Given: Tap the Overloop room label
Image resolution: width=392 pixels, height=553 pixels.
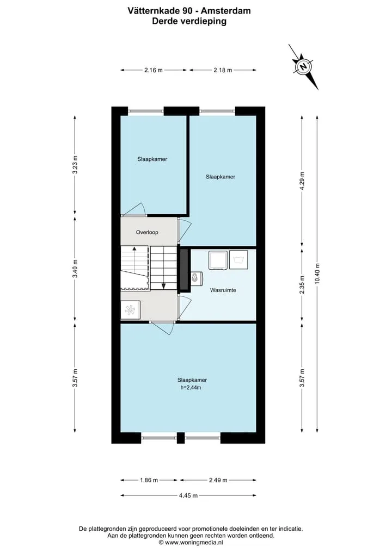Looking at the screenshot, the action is [x=147, y=232].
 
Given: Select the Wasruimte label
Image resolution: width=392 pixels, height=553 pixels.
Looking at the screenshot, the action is [x=223, y=290].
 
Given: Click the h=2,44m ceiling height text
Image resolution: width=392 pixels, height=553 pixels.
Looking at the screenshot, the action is [x=191, y=388].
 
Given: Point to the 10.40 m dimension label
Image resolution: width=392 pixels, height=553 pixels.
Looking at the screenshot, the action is [x=317, y=274].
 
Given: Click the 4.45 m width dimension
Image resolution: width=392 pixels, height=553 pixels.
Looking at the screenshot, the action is [x=188, y=495].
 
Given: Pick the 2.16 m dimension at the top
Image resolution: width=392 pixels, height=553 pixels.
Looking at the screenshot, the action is [x=154, y=70].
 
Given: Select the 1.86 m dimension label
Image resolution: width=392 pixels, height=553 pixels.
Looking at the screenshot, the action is [x=149, y=480].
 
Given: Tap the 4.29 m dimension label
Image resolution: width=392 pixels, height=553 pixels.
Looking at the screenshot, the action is [x=302, y=181].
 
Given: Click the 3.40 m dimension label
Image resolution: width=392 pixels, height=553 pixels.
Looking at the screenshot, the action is [x=75, y=269].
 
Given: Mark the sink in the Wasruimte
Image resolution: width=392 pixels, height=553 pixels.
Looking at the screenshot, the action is [x=196, y=278].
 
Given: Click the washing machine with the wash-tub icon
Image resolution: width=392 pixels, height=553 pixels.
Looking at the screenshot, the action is [x=238, y=260].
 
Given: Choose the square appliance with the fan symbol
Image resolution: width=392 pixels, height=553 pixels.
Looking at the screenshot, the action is [x=130, y=310].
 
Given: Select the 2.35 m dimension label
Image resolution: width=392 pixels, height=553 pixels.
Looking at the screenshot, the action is [x=302, y=284].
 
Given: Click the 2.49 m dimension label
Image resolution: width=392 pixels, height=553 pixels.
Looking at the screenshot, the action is [x=218, y=480].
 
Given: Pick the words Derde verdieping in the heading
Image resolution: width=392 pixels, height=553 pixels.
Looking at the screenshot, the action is [x=189, y=21].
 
